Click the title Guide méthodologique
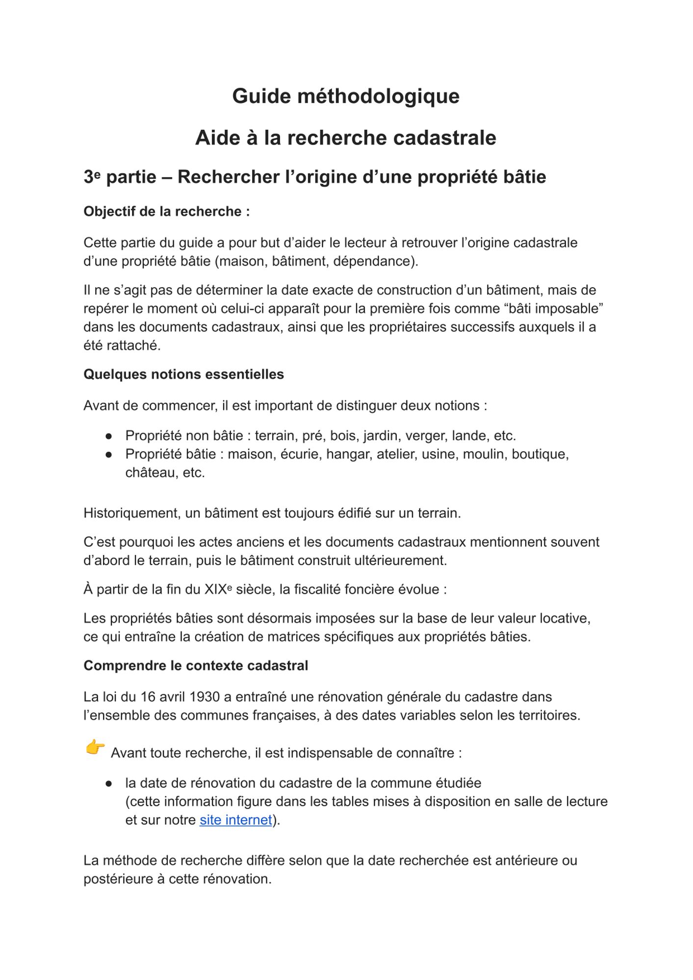346,96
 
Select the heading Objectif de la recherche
166,212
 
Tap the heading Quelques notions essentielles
183,374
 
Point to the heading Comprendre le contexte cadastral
196,665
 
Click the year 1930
205,697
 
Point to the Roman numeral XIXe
218,589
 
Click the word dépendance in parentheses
374,261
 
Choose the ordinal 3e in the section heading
92,177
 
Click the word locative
565,618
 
